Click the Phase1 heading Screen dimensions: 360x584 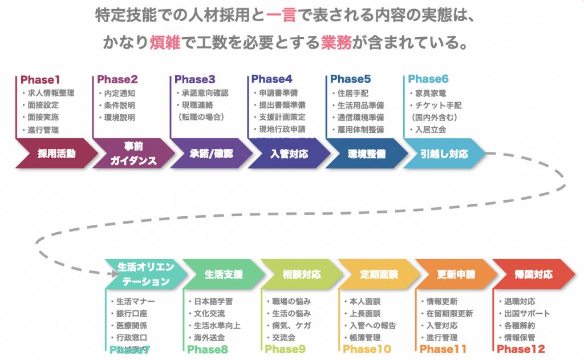40,80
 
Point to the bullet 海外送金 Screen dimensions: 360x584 209,338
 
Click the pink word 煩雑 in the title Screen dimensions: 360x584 166,42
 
